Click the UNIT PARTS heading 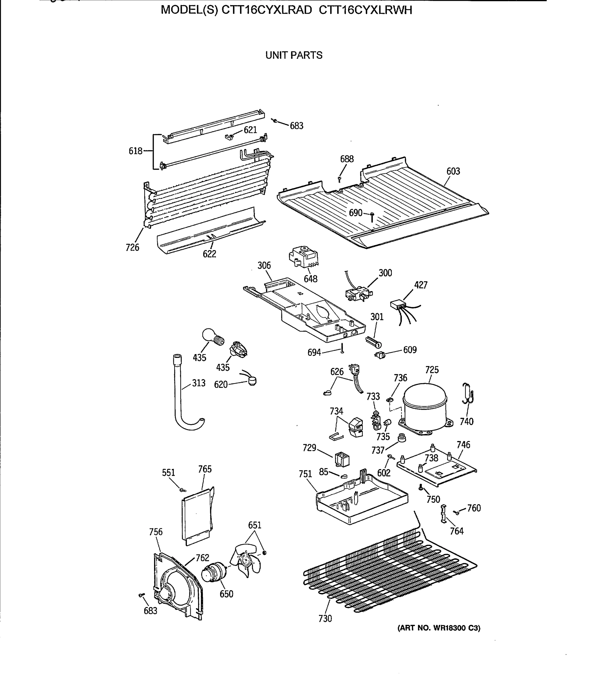294,55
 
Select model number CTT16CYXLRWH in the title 365,10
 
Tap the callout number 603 453,171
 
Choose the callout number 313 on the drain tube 199,383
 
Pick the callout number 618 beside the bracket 136,151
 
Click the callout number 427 420,285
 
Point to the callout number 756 156,532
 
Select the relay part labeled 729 342,459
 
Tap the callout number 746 463,445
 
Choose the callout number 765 205,469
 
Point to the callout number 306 264,265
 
